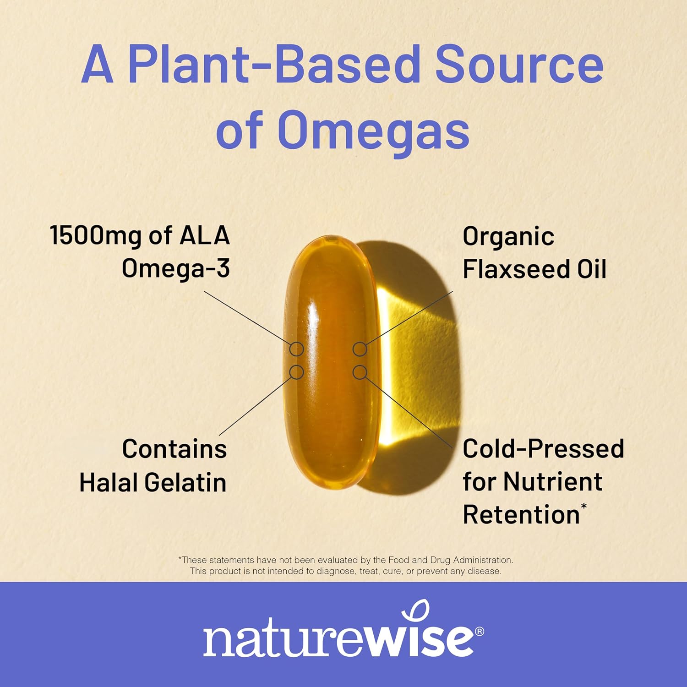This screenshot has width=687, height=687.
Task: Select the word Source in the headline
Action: pos(519,64)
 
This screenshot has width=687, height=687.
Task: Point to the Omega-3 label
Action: pos(176,268)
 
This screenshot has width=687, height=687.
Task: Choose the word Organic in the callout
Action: pos(508,237)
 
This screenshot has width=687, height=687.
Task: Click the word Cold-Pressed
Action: pos(543,449)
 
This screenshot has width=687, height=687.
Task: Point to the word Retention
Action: pos(521,515)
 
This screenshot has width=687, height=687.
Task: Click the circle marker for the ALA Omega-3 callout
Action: pos(297,349)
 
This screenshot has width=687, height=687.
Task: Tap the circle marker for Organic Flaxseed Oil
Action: pos(360,349)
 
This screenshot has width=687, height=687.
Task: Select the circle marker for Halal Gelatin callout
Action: pos(297,372)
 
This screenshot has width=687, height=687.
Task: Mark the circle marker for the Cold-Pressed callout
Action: pos(360,372)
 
